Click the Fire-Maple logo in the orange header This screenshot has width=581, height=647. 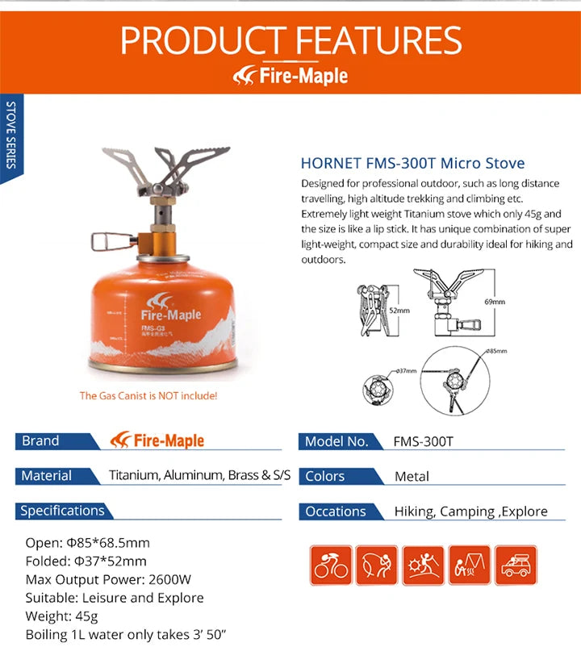tap(290, 76)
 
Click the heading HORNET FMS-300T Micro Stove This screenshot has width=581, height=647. tap(412, 164)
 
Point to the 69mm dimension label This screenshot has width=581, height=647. tap(495, 302)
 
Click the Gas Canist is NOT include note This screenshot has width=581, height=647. tap(148, 396)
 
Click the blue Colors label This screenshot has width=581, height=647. tap(326, 477)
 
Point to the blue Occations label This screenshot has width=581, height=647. tap(336, 511)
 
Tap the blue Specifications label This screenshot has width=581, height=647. tap(63, 511)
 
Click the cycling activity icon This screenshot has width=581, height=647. tap(331, 564)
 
